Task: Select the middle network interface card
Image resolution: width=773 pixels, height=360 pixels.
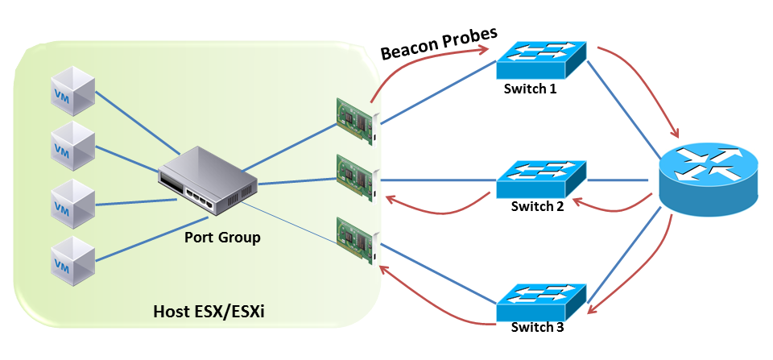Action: (357, 181)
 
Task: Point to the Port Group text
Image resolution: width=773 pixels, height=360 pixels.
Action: (222, 238)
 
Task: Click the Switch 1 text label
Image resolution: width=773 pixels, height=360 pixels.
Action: (530, 89)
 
